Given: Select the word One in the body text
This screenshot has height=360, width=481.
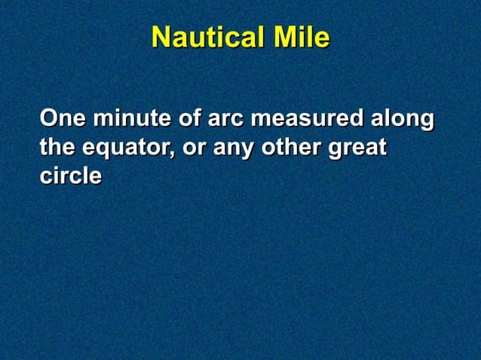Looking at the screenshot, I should pyautogui.click(x=62, y=119).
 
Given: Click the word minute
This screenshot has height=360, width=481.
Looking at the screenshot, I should pyautogui.click(x=129, y=119).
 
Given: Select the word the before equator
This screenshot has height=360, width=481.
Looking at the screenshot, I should pyautogui.click(x=57, y=148).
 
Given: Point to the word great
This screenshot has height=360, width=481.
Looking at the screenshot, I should pyautogui.click(x=357, y=148).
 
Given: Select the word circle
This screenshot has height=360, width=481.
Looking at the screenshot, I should pyautogui.click(x=71, y=176).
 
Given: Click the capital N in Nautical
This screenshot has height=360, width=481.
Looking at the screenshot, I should pyautogui.click(x=160, y=38).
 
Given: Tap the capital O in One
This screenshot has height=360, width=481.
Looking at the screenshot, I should pyautogui.click(x=49, y=119).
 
